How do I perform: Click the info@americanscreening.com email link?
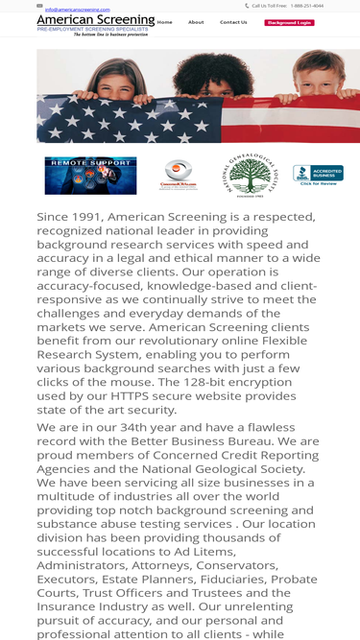click(77, 10)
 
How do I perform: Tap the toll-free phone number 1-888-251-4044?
click(306, 6)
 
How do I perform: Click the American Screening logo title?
click(95, 19)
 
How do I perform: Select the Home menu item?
click(164, 22)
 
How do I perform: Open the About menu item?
click(196, 22)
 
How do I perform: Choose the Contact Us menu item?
click(233, 22)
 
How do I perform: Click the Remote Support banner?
click(90, 176)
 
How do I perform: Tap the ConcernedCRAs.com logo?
click(178, 176)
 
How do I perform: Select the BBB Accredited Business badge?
click(318, 175)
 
